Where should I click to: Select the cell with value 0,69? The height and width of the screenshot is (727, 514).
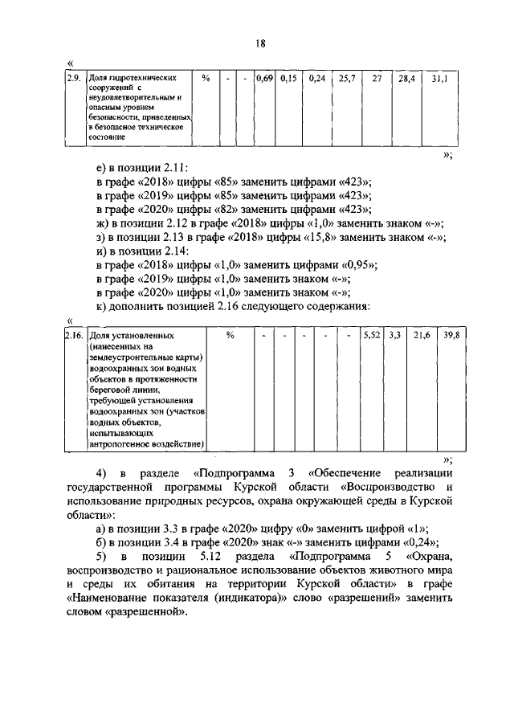click(x=264, y=79)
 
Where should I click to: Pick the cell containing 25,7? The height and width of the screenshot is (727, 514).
click(x=347, y=79)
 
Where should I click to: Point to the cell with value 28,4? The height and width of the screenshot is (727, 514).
click(x=405, y=79)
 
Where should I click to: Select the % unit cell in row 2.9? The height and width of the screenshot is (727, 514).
click(x=206, y=79)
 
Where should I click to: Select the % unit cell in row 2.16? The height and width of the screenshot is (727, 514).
click(x=229, y=335)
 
